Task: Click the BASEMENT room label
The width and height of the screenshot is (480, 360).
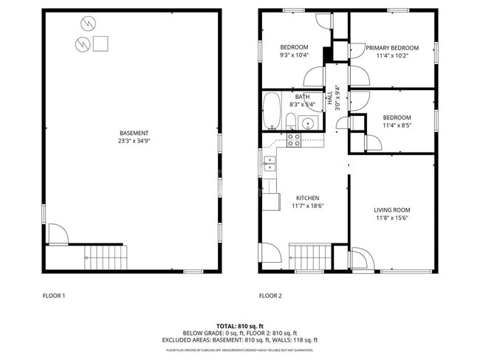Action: click(134, 133)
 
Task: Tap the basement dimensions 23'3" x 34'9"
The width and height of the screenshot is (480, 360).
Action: click(134, 141)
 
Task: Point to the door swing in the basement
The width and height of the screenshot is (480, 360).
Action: click(58, 235)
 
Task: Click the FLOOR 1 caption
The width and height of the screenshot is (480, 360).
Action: click(54, 296)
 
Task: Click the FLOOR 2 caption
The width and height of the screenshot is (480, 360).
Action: click(270, 296)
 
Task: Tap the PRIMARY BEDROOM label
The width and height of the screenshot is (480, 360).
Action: click(392, 48)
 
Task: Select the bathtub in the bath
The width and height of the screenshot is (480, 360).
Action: click(271, 111)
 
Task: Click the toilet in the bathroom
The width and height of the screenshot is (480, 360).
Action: click(290, 122)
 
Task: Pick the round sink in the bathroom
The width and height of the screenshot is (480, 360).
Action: click(309, 122)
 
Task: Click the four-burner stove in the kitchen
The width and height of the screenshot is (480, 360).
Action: click(294, 139)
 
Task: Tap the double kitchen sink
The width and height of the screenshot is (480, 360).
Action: click(270, 163)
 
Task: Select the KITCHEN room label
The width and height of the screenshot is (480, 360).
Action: click(307, 198)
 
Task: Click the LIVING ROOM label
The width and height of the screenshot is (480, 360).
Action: click(391, 210)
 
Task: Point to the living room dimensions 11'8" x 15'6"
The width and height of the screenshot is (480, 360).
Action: click(391, 218)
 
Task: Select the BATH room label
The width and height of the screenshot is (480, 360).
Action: click(303, 97)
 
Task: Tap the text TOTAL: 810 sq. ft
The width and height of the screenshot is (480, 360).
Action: click(240, 325)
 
